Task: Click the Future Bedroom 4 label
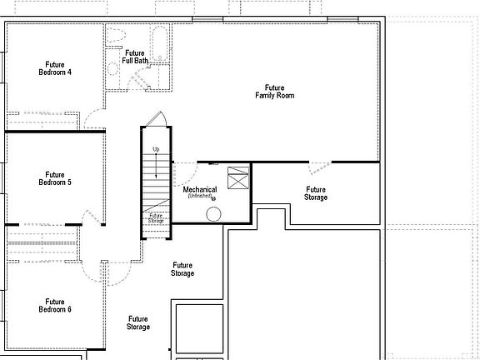tap(55, 68)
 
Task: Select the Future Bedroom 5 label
tap(55, 178)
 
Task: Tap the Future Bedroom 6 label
tap(55, 305)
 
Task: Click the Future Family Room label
tap(274, 92)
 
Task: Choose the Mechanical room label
tap(200, 190)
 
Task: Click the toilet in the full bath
tap(115, 36)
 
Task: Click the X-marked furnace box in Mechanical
tap(238, 179)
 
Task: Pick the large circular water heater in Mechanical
tap(214, 214)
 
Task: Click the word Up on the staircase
tap(155, 149)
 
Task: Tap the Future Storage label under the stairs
tap(156, 218)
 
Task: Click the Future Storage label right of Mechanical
tap(316, 193)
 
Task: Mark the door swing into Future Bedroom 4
tap(94, 119)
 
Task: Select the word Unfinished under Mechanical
tap(200, 197)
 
